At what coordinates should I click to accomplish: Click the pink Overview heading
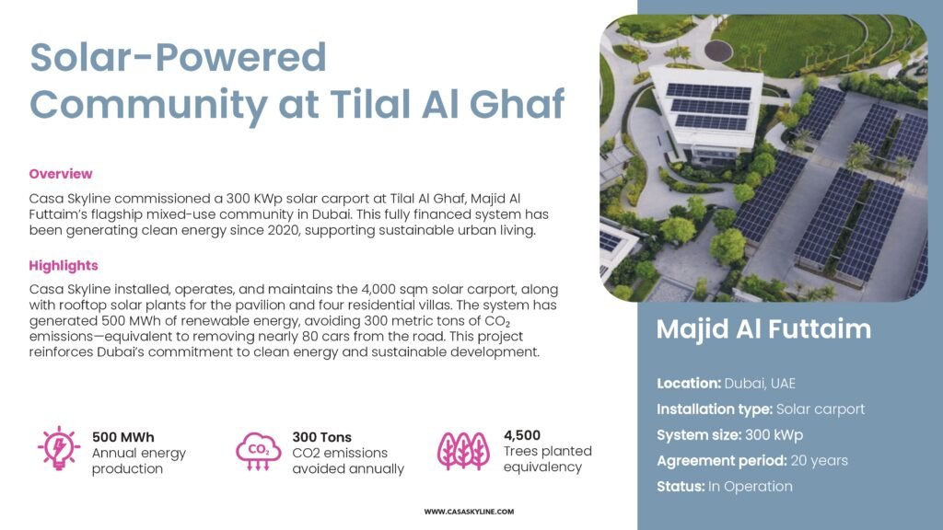click(61, 174)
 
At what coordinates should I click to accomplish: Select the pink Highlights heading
click(64, 266)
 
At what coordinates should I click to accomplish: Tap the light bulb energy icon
click(58, 448)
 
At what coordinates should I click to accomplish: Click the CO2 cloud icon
click(258, 451)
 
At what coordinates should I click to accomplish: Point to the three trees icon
click(463, 451)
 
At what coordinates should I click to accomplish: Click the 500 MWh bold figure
click(123, 437)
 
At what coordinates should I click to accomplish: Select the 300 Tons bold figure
click(321, 437)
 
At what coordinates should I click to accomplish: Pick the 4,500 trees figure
click(522, 435)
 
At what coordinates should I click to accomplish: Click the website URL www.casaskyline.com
click(469, 512)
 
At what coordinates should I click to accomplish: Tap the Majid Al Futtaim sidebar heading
click(763, 329)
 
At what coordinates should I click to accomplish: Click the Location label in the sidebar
click(689, 384)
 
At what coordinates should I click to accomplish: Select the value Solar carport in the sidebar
click(821, 409)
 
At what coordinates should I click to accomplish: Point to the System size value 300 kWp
click(774, 435)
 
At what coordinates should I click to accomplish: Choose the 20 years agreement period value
click(819, 461)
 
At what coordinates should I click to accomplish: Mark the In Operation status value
click(751, 487)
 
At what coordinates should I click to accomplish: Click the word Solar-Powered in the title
click(178, 57)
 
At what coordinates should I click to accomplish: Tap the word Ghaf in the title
click(517, 103)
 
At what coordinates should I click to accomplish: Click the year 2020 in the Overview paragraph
click(284, 230)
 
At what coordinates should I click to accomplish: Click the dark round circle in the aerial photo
click(718, 51)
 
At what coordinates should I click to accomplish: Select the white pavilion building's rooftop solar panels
click(710, 107)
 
